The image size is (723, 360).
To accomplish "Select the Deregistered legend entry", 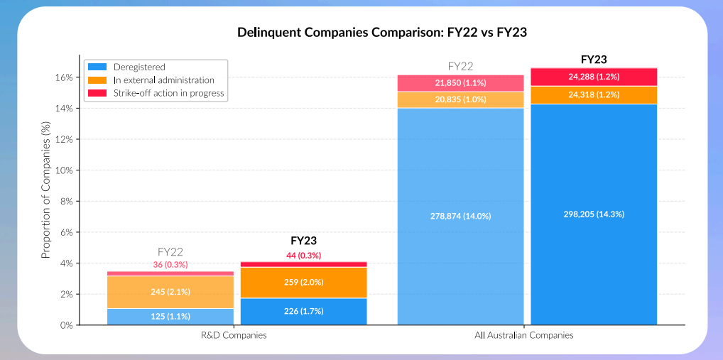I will point(139,67).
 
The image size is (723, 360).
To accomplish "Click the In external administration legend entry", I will point(163,80).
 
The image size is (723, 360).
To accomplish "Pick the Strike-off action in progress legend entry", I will point(168,93).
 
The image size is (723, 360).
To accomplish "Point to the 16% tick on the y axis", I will point(65,77).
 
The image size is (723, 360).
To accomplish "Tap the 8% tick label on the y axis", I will point(67,201).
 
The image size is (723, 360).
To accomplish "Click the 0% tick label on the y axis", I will point(67,325).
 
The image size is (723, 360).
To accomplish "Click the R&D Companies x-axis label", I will point(237,334).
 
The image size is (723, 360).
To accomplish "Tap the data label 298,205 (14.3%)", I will point(594,214).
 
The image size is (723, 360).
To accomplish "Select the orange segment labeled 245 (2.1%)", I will point(170,292).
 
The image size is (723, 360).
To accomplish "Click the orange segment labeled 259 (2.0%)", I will point(304,283).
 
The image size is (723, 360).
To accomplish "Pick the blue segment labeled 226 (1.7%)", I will point(304,312).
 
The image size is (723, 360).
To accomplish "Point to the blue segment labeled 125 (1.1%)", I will point(170,317).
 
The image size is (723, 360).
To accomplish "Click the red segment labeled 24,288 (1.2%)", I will point(594,77).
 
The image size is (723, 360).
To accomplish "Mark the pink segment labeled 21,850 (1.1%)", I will point(460,83).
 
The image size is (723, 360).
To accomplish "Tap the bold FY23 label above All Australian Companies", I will point(594,60).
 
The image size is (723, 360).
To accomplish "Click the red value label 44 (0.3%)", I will point(304,255).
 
